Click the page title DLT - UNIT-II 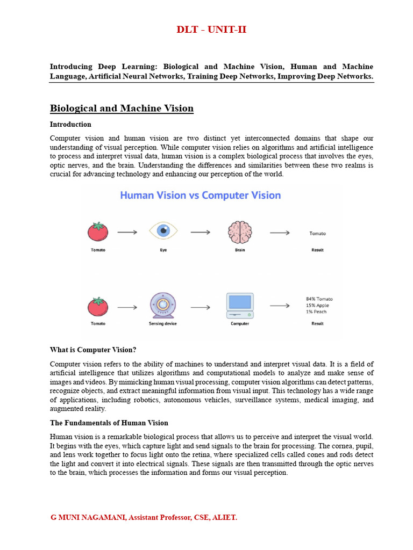click(x=211, y=30)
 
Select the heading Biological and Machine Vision click(x=122, y=108)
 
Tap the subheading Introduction click(x=70, y=125)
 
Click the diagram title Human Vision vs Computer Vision click(x=200, y=195)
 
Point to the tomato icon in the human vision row click(x=98, y=231)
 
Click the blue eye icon click(x=162, y=231)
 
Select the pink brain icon click(x=240, y=232)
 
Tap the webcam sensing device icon click(x=162, y=306)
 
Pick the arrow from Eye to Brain click(x=200, y=232)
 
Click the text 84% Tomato click(x=319, y=299)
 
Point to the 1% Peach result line click(x=316, y=312)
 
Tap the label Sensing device click(x=162, y=323)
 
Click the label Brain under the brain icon click(x=240, y=250)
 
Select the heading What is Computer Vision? click(x=93, y=350)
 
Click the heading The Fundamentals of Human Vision click(x=109, y=423)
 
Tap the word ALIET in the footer click(x=224, y=517)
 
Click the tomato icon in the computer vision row click(x=98, y=306)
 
